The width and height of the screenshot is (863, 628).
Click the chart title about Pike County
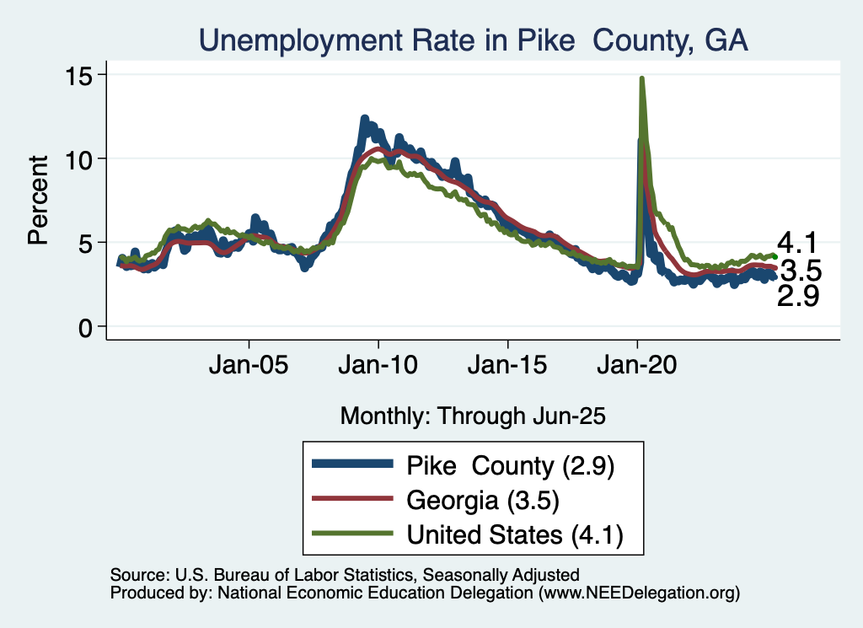[473, 40]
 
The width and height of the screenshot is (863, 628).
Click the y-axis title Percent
[37, 200]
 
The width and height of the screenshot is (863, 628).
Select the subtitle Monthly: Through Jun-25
[473, 416]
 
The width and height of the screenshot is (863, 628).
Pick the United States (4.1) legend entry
[514, 534]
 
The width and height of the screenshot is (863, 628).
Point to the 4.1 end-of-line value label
[798, 244]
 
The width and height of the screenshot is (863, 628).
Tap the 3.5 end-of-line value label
[800, 271]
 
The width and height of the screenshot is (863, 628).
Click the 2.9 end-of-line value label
[798, 296]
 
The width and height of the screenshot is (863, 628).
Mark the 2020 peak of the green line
[642, 78]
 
